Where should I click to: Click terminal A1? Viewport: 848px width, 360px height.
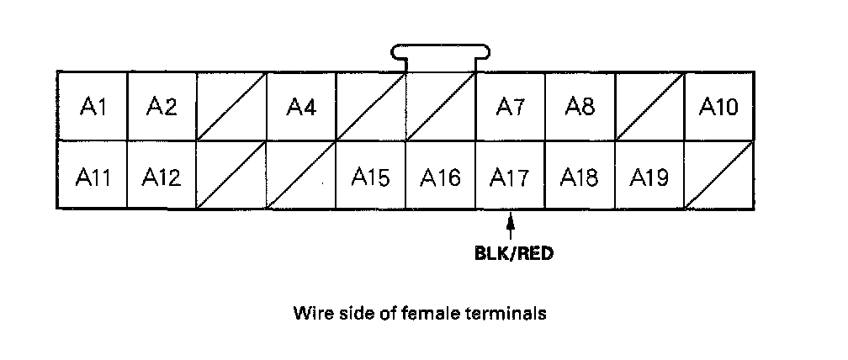pos(92,106)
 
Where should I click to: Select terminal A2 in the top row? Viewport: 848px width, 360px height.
pos(162,106)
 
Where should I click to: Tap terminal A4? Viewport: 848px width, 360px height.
pos(300,106)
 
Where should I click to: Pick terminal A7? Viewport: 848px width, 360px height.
pos(511,106)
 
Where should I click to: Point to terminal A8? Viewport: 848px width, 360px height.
pos(580,106)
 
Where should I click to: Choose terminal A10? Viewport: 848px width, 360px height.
pos(718,106)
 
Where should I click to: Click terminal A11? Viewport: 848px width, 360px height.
pos(92,177)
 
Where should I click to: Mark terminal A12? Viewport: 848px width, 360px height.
pos(162,177)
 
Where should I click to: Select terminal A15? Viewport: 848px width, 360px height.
pos(370,177)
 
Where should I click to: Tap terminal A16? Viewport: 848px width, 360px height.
pos(441,177)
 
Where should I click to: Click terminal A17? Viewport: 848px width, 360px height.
pos(511,177)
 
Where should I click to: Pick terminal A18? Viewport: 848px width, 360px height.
pos(580,177)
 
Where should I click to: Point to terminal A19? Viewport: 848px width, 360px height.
pos(649,177)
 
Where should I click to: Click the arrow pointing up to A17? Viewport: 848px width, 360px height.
pos(510,225)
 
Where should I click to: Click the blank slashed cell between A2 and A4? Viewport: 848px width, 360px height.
pos(231,106)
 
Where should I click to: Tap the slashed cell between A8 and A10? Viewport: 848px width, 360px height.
pos(649,106)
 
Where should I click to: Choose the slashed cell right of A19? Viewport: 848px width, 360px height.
pos(718,177)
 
